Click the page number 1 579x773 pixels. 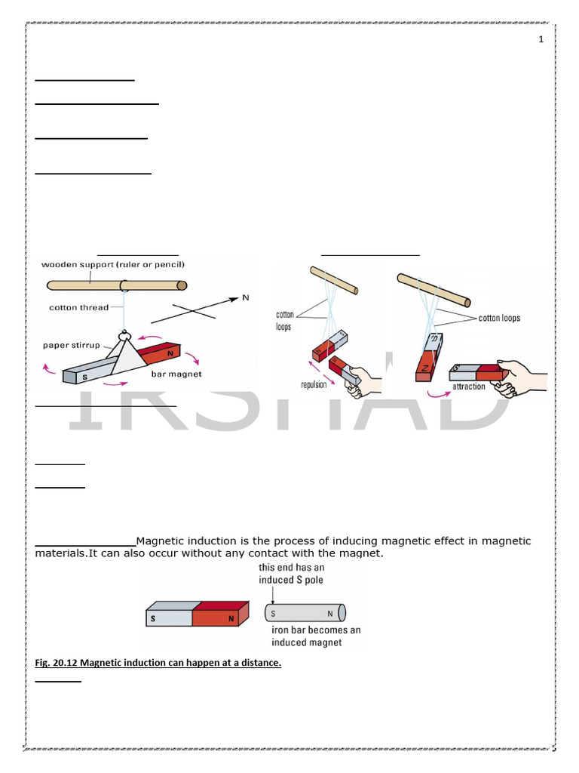541,40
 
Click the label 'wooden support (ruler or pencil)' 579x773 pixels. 112,264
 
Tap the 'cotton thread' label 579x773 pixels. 78,307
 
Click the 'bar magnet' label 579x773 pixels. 176,374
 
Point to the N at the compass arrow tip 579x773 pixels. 245,298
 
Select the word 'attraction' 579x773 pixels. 469,386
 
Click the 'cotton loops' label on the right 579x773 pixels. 499,318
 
